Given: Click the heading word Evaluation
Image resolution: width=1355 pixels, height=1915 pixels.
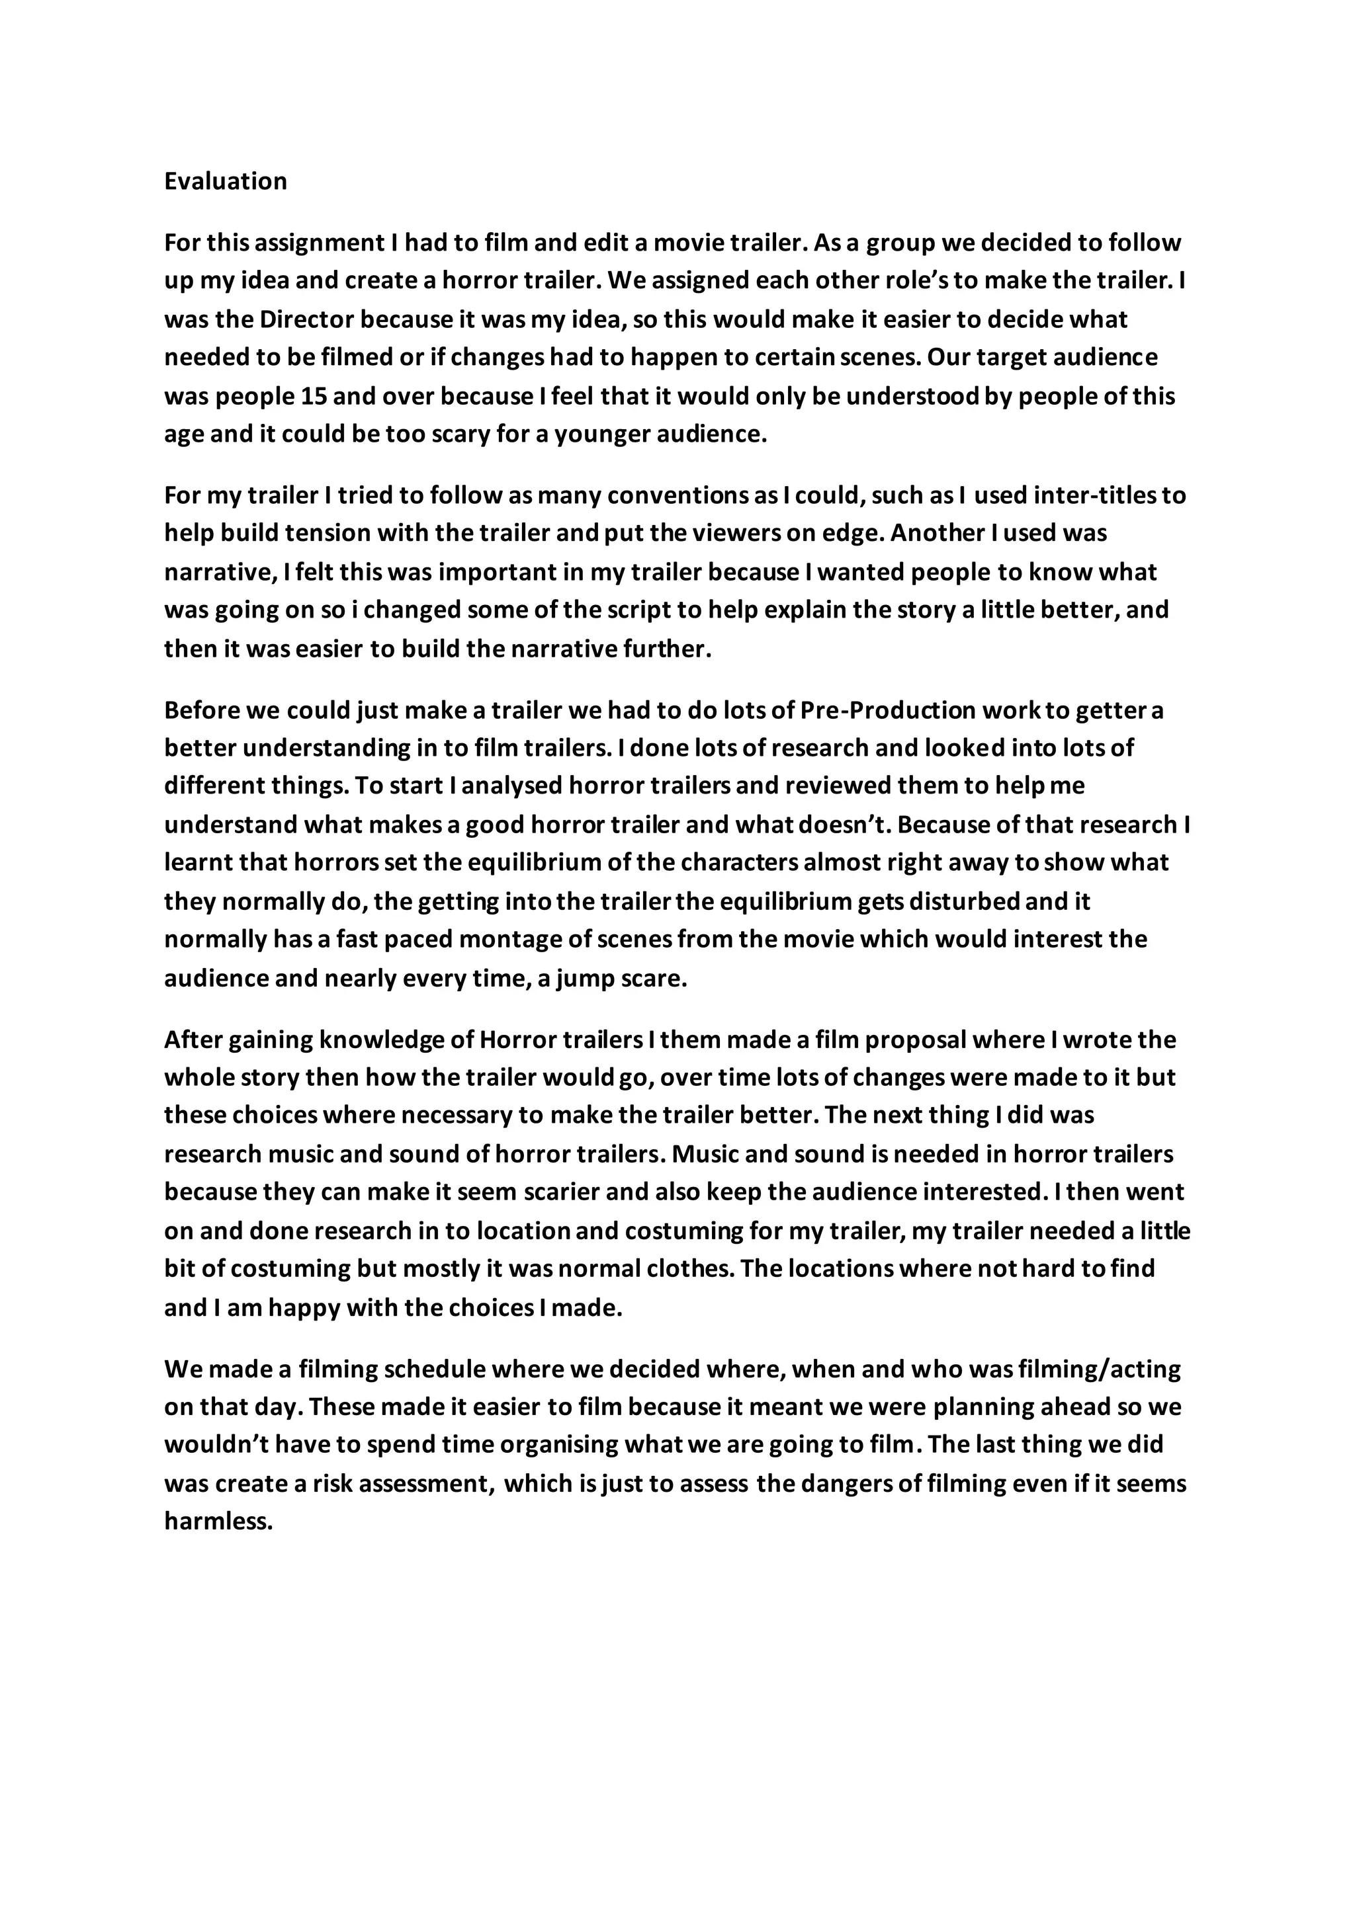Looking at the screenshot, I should tap(225, 181).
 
